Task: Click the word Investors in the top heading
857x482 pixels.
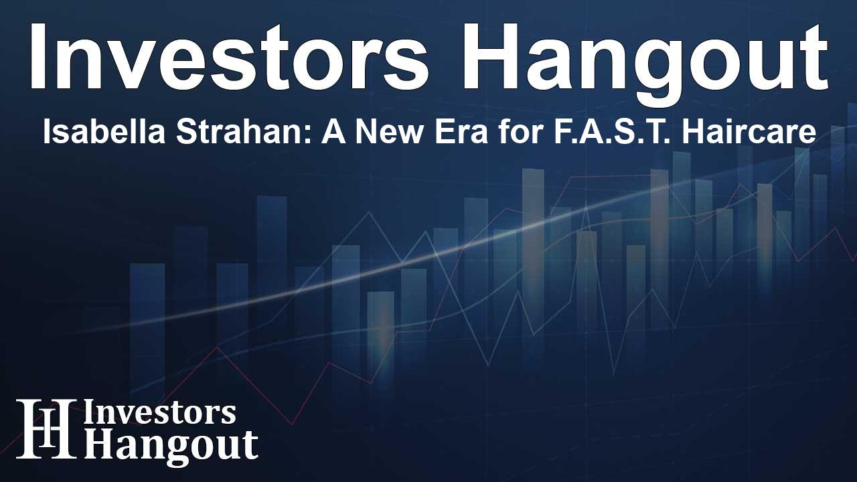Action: (229, 57)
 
